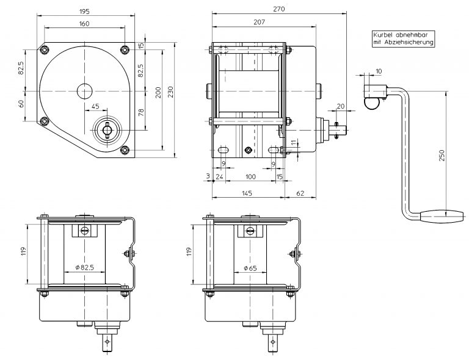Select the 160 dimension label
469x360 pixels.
click(x=84, y=24)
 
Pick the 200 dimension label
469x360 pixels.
click(x=158, y=93)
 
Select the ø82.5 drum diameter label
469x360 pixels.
click(x=84, y=267)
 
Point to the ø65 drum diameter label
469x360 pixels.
click(x=249, y=267)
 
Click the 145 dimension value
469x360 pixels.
click(x=247, y=193)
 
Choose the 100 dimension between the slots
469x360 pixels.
click(x=250, y=176)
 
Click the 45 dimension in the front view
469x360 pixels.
click(x=95, y=106)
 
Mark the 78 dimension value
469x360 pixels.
click(x=141, y=112)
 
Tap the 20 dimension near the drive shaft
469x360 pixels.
click(x=340, y=106)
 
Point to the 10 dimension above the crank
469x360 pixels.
click(x=378, y=71)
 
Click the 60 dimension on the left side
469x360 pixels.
click(x=21, y=103)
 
